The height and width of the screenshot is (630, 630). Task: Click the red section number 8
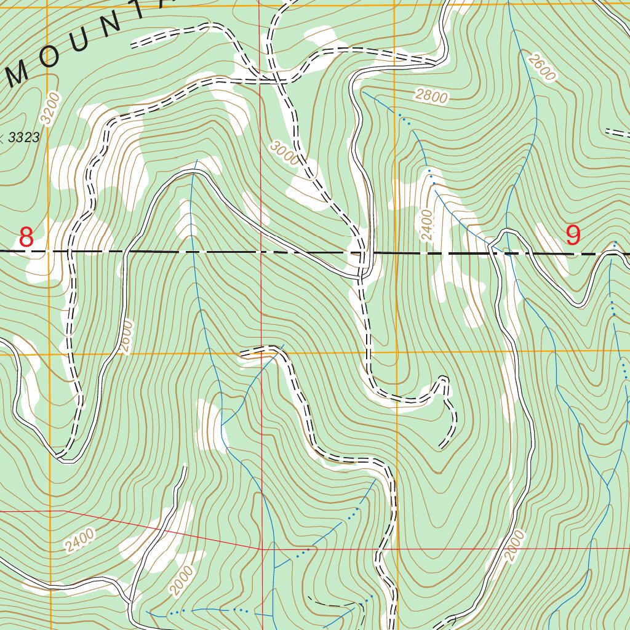tap(26, 237)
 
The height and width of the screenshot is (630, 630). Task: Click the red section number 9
tap(573, 235)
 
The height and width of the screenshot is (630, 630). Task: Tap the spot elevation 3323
tap(24, 137)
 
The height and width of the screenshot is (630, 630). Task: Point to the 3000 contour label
tap(284, 151)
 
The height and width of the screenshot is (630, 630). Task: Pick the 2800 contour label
tap(431, 95)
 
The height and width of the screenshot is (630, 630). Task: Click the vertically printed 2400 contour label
tap(428, 225)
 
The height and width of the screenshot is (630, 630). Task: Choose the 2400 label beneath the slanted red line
tap(79, 541)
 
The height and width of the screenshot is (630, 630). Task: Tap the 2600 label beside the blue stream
tap(541, 66)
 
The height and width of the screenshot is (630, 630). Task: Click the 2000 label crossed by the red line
tap(516, 546)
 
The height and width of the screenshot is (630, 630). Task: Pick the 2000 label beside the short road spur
tap(183, 580)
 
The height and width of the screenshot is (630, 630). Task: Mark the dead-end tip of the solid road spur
tap(185, 467)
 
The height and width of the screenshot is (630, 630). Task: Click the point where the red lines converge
tap(262, 548)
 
